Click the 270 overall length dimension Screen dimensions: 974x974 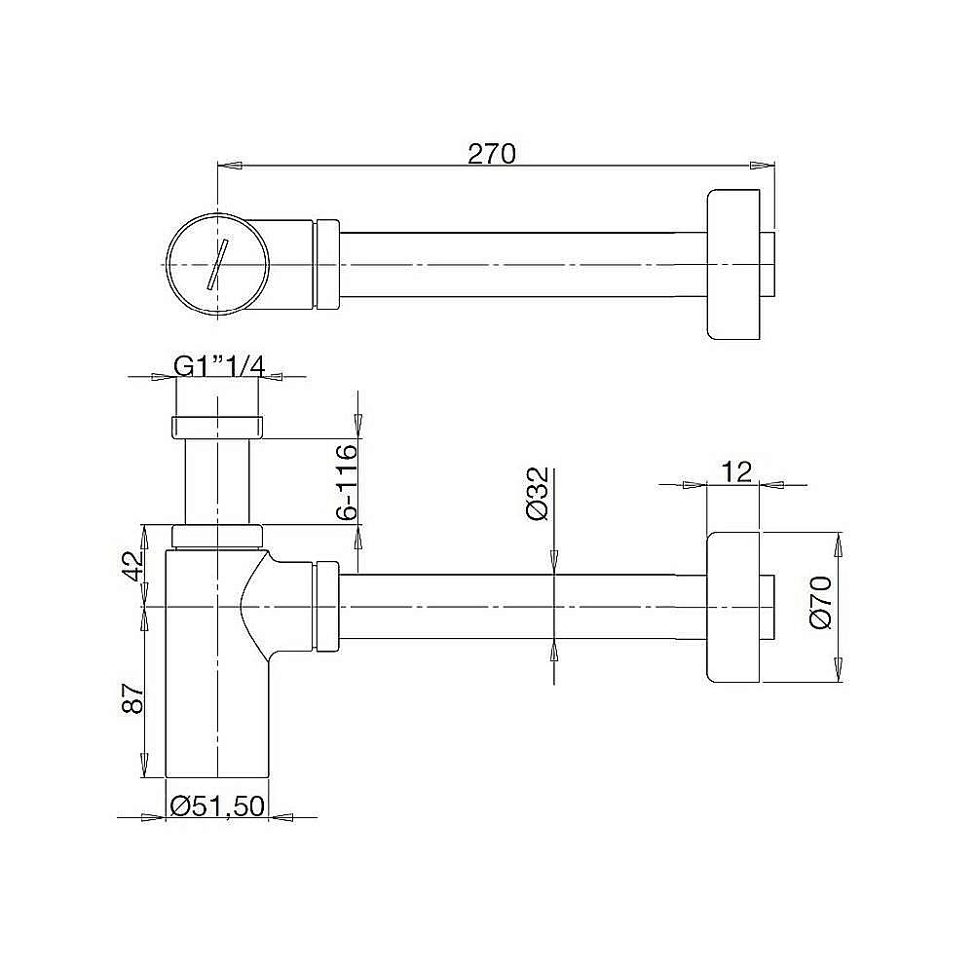point(491,154)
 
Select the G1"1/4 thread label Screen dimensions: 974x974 point(219,365)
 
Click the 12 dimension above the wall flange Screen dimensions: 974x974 point(737,471)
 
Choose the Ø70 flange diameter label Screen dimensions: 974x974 point(819,604)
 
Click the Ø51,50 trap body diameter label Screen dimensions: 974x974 point(217,805)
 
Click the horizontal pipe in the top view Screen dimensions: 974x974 point(516,264)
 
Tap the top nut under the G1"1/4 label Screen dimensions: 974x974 point(217,427)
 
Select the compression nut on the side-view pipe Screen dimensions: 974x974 point(326,605)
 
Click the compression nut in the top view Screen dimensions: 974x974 point(326,264)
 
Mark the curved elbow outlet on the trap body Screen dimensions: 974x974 point(273,604)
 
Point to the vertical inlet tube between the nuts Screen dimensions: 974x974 point(217,482)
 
